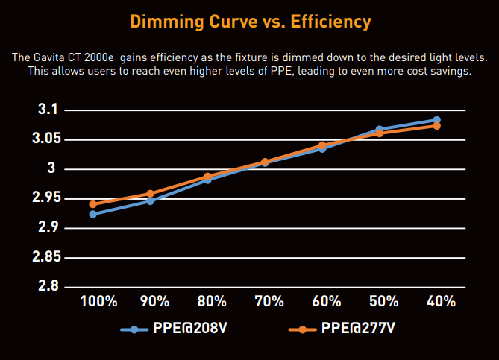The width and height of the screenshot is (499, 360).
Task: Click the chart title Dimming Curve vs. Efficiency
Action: tap(249, 22)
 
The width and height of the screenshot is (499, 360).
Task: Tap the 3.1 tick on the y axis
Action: tap(47, 110)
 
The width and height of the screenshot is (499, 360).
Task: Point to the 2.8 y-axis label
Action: tap(47, 286)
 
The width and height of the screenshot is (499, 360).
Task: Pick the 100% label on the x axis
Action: tap(98, 302)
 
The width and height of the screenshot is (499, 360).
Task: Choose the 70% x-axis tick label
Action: tap(269, 302)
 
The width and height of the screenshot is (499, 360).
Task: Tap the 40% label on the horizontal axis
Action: tap(440, 302)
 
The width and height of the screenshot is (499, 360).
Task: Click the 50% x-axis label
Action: tap(383, 302)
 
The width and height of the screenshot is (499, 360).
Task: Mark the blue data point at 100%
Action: tap(93, 214)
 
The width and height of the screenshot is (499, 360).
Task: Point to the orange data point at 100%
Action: tap(93, 204)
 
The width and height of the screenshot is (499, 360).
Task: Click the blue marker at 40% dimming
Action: tap(437, 120)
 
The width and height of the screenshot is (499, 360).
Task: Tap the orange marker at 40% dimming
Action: tap(437, 126)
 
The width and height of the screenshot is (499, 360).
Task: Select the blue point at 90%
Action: tap(151, 201)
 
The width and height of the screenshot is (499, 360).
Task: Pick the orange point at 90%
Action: tap(151, 194)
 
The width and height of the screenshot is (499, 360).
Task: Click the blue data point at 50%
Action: tap(380, 130)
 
